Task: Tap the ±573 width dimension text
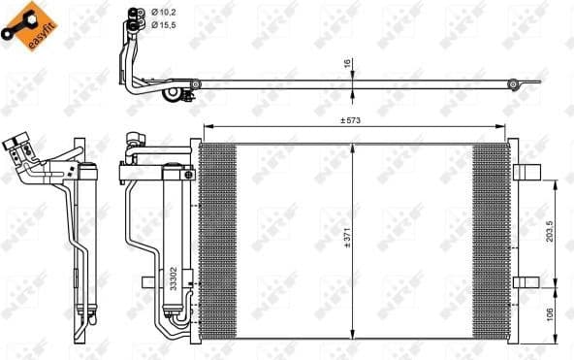(350, 120)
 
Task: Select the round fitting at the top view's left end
(195, 86)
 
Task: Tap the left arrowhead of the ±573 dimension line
(205, 129)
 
